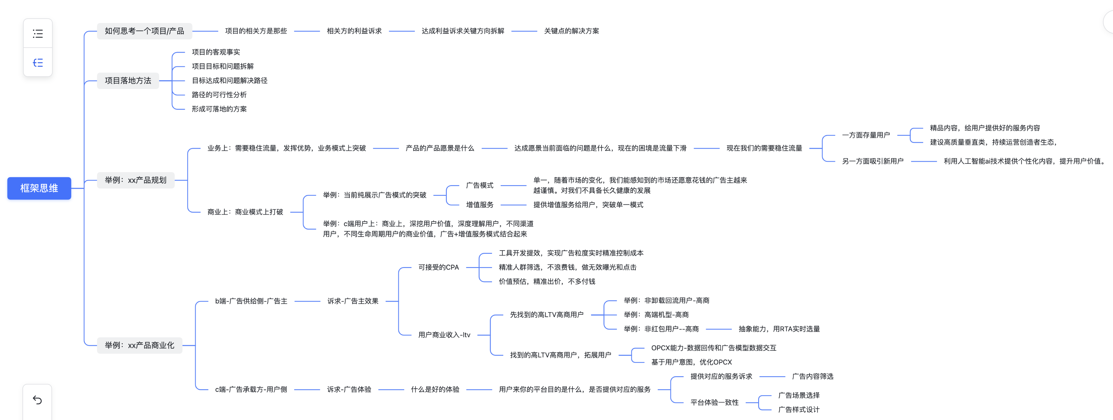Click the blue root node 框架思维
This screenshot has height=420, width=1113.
39,188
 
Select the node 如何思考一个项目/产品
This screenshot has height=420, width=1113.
144,31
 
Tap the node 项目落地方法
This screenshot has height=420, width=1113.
128,81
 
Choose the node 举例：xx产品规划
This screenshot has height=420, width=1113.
136,180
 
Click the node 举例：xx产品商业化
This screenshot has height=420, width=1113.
140,345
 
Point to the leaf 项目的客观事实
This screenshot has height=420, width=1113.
216,52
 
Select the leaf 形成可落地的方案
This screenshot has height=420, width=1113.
219,109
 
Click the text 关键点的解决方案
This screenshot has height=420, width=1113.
571,31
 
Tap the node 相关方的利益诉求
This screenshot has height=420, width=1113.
354,31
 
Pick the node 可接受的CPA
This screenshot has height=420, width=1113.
439,267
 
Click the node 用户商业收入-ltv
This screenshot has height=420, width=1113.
444,335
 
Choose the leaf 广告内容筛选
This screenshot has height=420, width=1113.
812,376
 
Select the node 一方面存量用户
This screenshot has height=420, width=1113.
866,135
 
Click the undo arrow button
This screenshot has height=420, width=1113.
38,400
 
